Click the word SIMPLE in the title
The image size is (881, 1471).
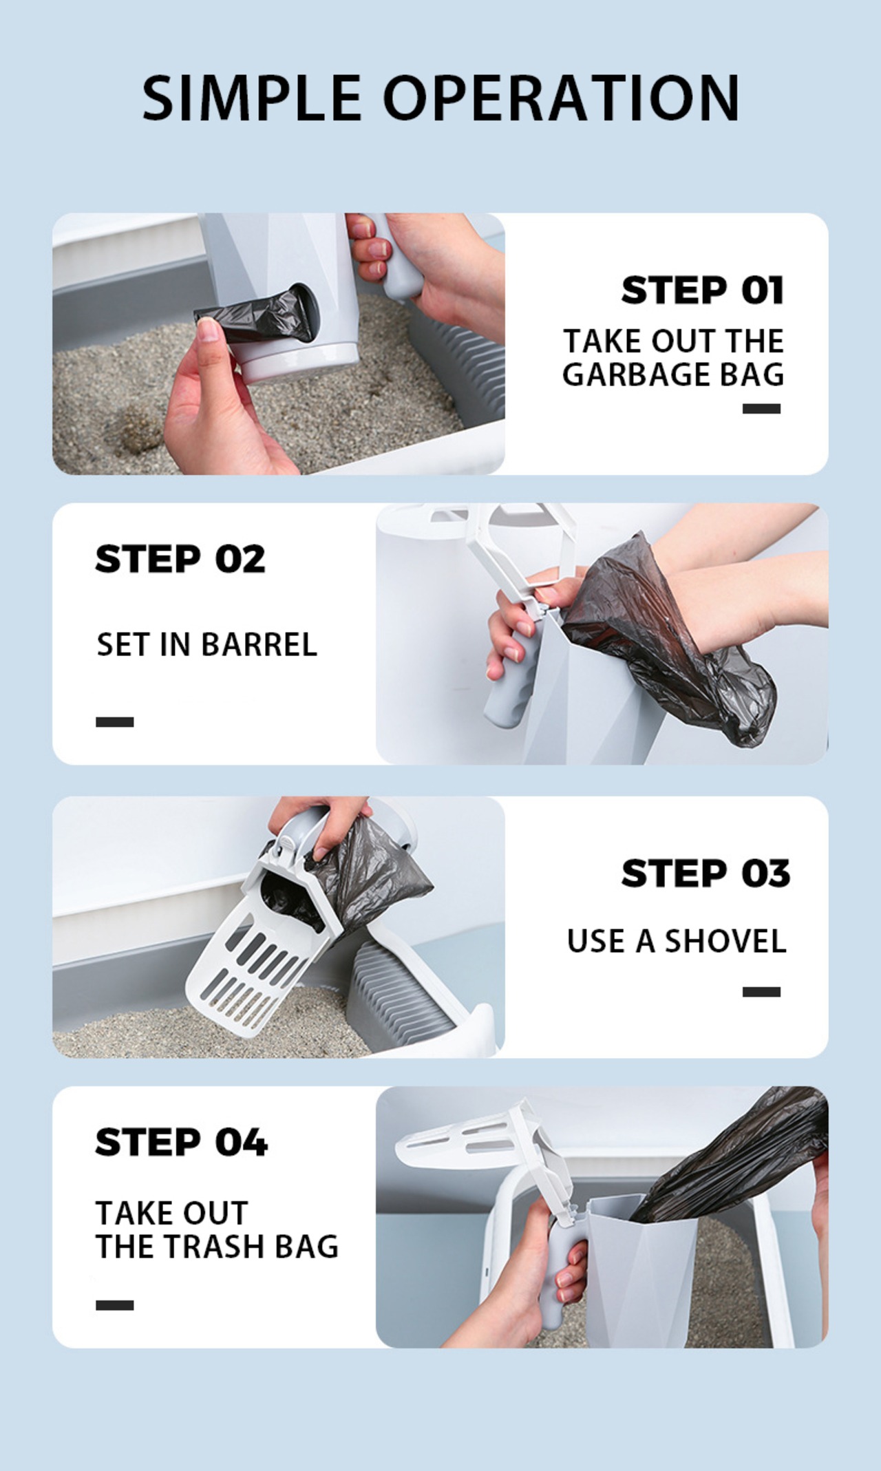coord(251,97)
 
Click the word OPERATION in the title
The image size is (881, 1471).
coord(562,97)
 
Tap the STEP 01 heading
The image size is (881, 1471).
coord(703,290)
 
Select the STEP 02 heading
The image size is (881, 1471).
coord(180,559)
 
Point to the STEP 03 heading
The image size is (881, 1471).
coord(705,874)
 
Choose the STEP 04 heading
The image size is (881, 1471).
coord(181,1142)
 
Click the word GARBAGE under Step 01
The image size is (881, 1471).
coord(626,375)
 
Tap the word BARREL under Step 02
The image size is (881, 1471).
coord(259,645)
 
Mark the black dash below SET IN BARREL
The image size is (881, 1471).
coord(114,721)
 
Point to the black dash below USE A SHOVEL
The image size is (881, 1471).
coord(761,991)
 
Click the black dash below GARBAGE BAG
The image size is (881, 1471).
coord(761,408)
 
